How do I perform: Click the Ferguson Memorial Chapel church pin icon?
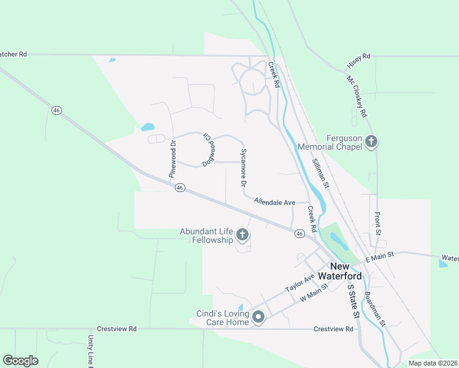pyautogui.click(x=371, y=142)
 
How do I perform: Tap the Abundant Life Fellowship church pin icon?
pyautogui.click(x=242, y=234)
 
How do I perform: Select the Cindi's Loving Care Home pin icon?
pyautogui.click(x=258, y=317)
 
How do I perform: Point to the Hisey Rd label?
pyautogui.click(x=359, y=57)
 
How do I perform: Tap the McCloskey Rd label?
pyautogui.click(x=356, y=97)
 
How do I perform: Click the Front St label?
pyautogui.click(x=378, y=223)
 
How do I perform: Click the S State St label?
pyautogui.click(x=353, y=301)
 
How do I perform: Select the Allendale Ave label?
pyautogui.click(x=274, y=202)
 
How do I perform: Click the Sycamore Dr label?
pyautogui.click(x=244, y=167)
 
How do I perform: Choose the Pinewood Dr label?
pyautogui.click(x=172, y=159)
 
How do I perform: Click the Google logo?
pyautogui.click(x=20, y=361)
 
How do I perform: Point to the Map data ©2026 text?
pyautogui.click(x=432, y=363)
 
